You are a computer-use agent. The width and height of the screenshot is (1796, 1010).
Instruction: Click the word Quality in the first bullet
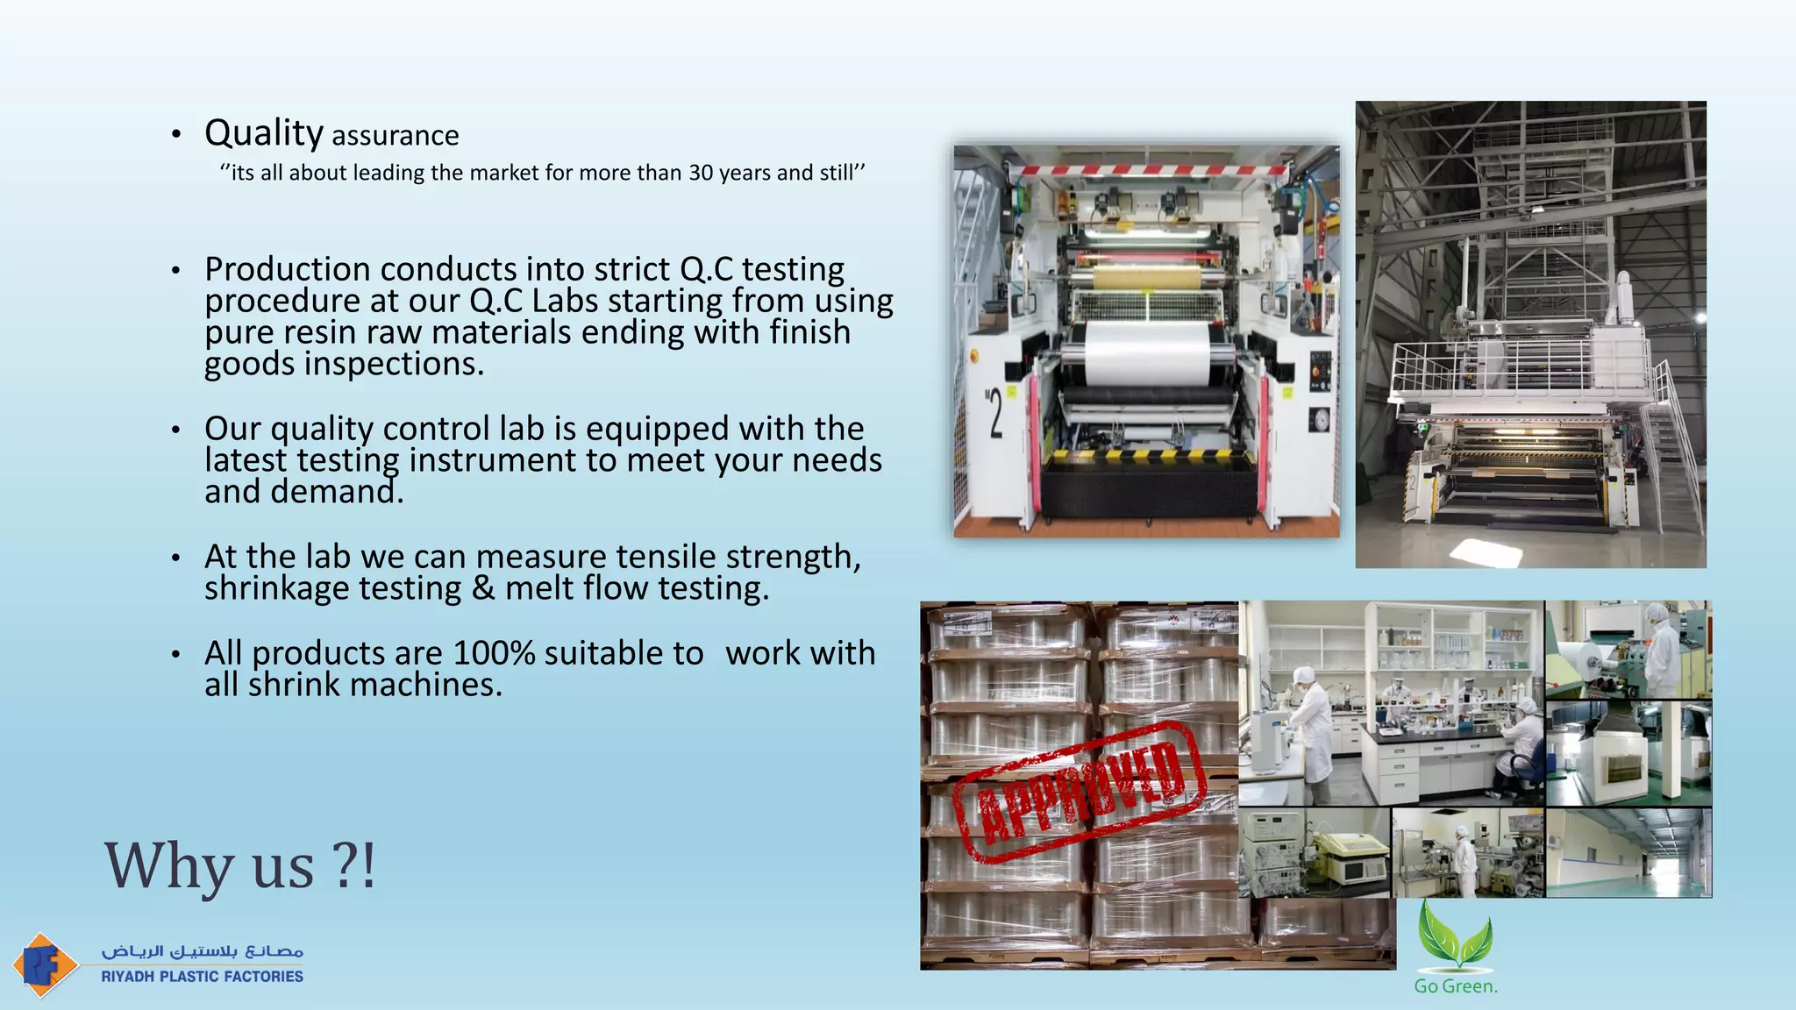(x=264, y=133)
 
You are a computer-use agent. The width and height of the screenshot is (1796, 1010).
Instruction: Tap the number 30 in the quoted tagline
(x=701, y=173)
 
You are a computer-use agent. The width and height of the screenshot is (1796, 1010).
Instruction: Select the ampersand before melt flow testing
(x=483, y=588)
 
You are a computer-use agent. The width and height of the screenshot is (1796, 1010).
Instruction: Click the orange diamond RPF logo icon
(x=44, y=964)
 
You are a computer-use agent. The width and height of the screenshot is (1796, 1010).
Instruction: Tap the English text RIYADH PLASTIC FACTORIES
(x=202, y=977)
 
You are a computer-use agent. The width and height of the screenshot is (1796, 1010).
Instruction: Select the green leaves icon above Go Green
(x=1455, y=935)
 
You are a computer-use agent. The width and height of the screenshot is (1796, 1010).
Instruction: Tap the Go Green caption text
(x=1456, y=986)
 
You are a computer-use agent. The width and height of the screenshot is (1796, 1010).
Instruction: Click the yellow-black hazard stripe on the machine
(x=1149, y=456)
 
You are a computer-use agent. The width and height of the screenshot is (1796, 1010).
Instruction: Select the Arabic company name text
(x=202, y=951)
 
